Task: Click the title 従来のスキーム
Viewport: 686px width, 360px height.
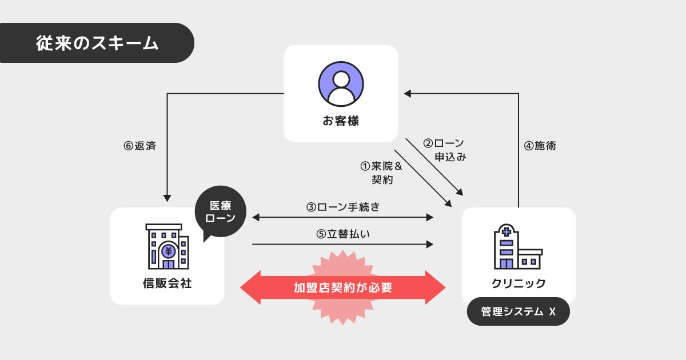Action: (97, 43)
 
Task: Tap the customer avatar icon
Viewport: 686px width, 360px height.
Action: (341, 84)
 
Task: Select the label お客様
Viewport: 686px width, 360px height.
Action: (341, 121)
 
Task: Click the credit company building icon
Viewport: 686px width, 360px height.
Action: (168, 246)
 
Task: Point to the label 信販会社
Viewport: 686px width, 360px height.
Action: (167, 283)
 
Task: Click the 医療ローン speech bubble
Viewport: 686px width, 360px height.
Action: (220, 211)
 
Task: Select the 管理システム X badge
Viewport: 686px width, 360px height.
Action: (519, 311)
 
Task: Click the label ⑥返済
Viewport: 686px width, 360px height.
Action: (139, 146)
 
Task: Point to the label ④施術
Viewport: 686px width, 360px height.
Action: (540, 146)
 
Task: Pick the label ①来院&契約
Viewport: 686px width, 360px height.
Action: (381, 172)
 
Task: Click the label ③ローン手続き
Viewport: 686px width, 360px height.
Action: (342, 207)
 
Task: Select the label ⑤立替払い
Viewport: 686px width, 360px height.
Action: (342, 234)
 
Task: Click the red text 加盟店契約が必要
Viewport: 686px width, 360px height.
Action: (342, 287)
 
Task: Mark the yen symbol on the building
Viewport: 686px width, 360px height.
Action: (168, 251)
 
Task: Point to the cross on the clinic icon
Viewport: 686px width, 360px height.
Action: (505, 232)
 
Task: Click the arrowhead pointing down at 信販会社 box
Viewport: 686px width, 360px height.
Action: (167, 198)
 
